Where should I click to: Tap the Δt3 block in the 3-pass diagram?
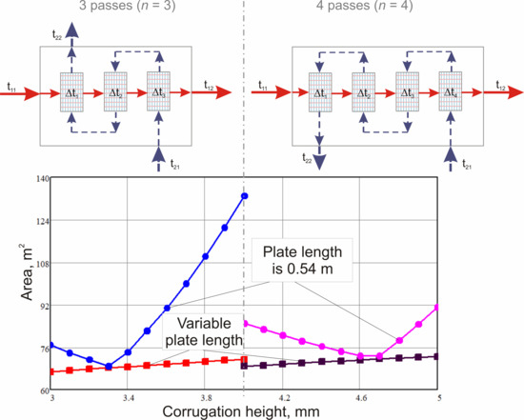[158, 92]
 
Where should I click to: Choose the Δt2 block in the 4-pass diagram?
[361, 92]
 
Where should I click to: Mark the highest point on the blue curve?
[245, 196]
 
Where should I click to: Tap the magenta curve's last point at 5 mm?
[437, 308]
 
